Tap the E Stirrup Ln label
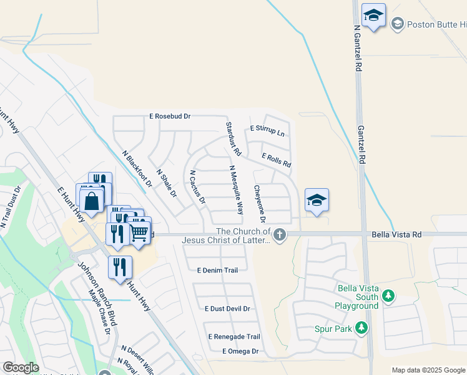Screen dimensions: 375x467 point(267,131)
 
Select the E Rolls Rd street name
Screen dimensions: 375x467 point(277,161)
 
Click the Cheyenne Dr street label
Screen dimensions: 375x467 point(259,204)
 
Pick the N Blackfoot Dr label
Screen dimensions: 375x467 point(137,169)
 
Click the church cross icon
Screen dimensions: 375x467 point(280,235)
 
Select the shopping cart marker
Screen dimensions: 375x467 point(139,231)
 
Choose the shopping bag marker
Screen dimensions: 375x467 point(92,201)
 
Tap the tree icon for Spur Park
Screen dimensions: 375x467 point(361,327)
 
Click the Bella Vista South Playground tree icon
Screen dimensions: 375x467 point(388,294)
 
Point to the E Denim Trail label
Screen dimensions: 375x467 point(217,271)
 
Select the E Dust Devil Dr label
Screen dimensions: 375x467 point(227,309)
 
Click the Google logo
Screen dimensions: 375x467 point(21,367)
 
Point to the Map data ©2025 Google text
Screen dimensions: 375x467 point(428,370)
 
